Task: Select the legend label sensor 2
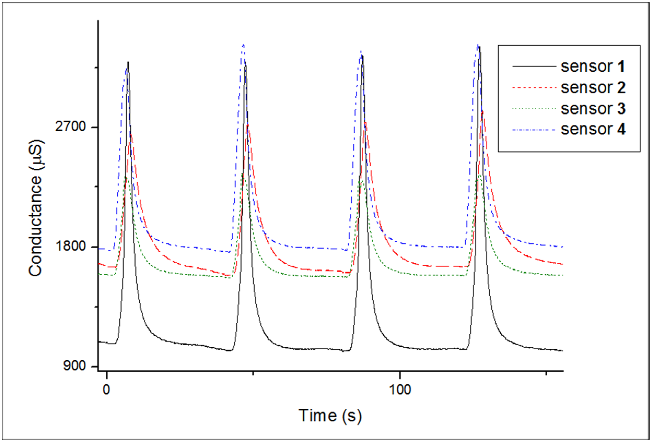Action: (593, 88)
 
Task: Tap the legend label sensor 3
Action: (593, 109)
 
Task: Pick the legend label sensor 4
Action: (593, 129)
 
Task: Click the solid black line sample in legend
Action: (534, 67)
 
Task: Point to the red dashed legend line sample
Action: (534, 88)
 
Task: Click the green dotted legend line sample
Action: (534, 109)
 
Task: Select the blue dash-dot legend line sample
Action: (534, 130)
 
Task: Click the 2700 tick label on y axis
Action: (70, 127)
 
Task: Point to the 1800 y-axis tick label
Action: (70, 246)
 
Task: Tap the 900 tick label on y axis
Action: (74, 366)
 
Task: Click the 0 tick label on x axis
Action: (106, 389)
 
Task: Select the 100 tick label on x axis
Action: (400, 389)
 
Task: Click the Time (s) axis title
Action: (330, 416)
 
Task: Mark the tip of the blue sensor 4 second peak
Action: (243, 45)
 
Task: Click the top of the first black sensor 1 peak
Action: (128, 62)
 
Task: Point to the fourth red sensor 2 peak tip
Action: (482, 112)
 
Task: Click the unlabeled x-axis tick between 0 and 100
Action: (253, 373)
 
